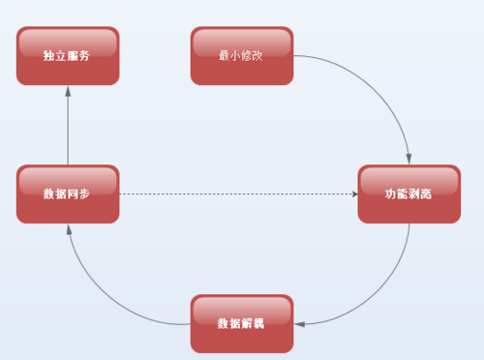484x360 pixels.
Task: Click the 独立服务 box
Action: [68, 56]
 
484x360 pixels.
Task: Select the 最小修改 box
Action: [242, 56]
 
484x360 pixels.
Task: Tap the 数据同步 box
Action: [68, 195]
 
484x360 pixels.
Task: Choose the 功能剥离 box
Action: [408, 195]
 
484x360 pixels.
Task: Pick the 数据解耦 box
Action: [242, 323]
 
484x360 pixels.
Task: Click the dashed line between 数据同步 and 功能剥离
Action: [237, 195]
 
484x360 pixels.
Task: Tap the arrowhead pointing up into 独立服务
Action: [68, 91]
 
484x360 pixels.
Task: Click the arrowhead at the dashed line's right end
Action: [352, 195]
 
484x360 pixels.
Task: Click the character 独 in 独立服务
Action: [48, 57]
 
